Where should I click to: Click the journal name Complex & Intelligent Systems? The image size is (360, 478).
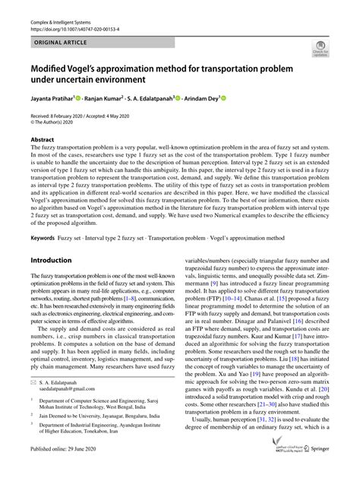click(x=67, y=24)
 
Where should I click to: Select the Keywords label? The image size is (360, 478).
click(x=43, y=236)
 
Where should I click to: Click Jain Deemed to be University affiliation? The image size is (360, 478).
click(x=91, y=432)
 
